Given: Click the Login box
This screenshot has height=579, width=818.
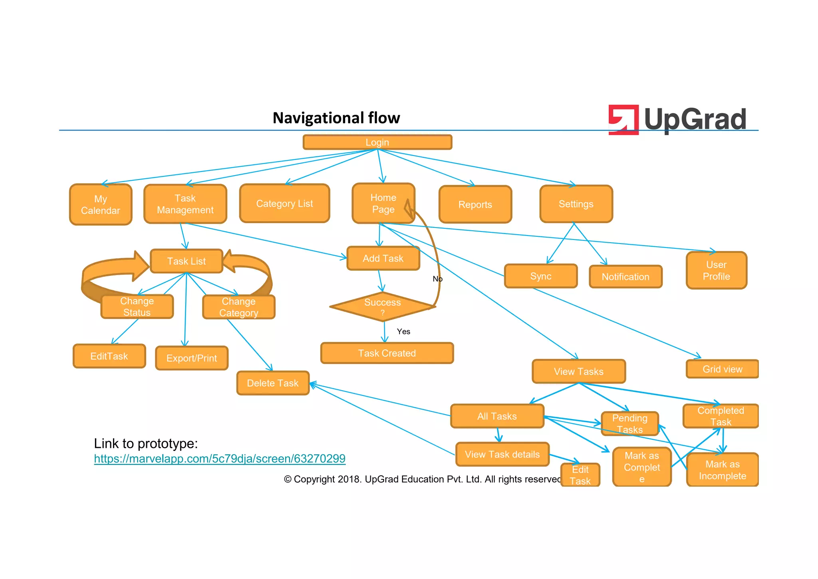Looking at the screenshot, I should point(377,142).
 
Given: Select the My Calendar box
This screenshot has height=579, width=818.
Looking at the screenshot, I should point(101,205).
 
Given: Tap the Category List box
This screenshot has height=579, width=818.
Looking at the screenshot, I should point(284,204).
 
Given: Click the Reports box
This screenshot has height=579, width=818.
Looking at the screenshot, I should point(475,205).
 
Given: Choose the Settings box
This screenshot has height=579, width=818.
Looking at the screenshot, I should point(576,204).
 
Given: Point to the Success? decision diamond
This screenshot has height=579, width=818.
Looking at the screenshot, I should point(382,307).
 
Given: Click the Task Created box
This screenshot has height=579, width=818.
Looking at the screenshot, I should point(387,353).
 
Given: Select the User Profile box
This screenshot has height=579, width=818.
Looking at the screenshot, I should point(716,271).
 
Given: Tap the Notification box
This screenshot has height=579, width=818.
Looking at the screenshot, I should point(625,277).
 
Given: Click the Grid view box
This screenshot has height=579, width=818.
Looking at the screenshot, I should point(722,369).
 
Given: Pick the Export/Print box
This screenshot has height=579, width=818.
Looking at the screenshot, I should point(192,358).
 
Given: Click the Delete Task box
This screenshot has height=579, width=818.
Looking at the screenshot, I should point(273,383).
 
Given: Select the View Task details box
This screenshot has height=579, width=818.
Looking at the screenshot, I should point(502,454).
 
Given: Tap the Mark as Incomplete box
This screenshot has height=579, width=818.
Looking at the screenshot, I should point(722,470).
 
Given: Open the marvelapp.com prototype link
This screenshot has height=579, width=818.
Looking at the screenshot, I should point(220,459).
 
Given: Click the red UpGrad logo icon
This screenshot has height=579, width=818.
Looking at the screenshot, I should point(623,120).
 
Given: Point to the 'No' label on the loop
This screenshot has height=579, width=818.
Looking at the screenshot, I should point(437,279).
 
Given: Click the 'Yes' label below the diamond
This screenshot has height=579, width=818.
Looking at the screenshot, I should point(403,331).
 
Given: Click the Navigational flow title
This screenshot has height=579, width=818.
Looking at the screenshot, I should point(336,118).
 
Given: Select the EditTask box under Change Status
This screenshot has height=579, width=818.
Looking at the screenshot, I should point(109,356).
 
